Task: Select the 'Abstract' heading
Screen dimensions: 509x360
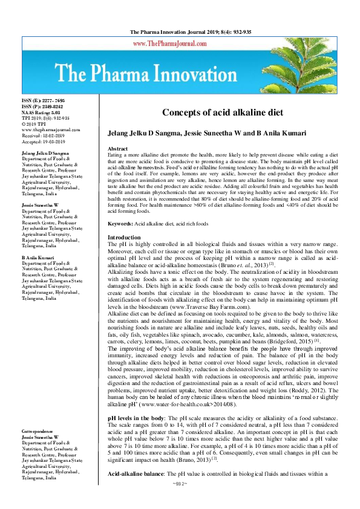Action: click(x=117, y=148)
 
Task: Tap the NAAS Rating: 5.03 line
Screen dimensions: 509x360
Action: click(x=42, y=112)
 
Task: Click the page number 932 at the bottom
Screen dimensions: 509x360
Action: click(x=180, y=501)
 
